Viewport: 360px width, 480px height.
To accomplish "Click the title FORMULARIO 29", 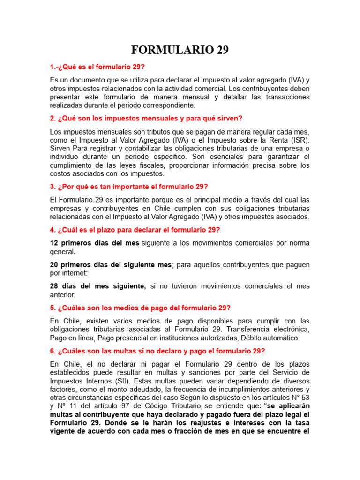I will [x=180, y=50].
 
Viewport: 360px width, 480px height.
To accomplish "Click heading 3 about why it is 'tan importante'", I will [x=129, y=186].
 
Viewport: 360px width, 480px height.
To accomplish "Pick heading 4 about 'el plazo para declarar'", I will [x=135, y=230].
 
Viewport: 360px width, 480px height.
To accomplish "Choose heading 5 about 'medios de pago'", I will [x=140, y=307].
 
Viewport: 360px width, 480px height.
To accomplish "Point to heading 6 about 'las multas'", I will [x=157, y=351].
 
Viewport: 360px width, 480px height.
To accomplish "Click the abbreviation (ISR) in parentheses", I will [x=297, y=140].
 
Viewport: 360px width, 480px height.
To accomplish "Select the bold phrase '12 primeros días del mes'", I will [x=95, y=243].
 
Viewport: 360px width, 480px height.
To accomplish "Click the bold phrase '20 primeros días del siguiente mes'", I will [x=111, y=264].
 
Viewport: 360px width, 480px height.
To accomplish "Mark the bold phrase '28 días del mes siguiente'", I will [x=98, y=286].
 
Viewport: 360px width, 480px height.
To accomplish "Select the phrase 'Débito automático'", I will [x=271, y=337].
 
